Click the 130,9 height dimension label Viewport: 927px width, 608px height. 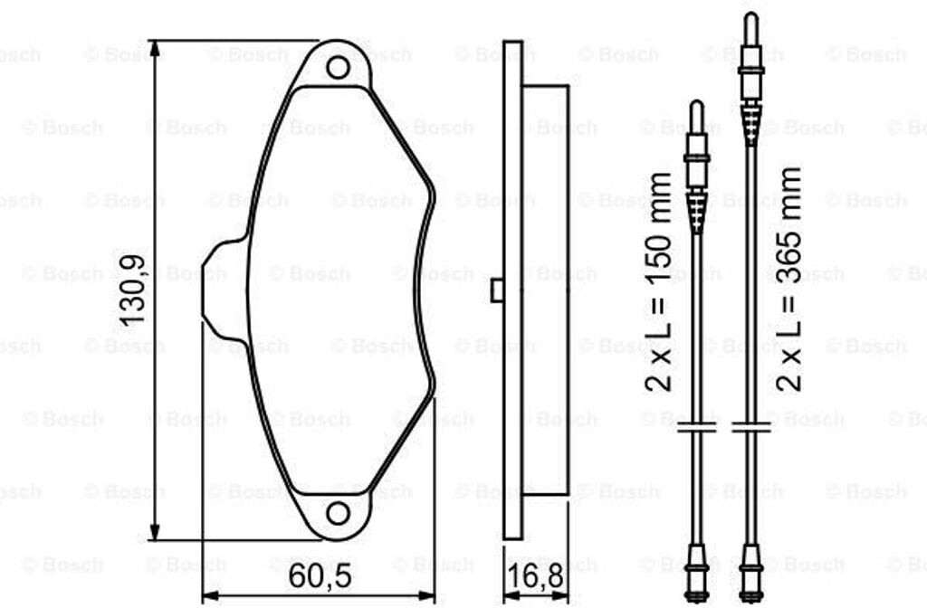click(x=132, y=290)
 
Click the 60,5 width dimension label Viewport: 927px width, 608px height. click(x=320, y=576)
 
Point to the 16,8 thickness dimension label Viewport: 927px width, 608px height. click(x=536, y=577)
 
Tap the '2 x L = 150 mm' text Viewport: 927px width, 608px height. click(x=659, y=282)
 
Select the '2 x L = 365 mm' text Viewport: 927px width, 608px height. click(x=789, y=279)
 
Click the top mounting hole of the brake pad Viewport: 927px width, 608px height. click(x=339, y=67)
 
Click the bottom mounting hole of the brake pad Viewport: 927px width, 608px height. click(x=339, y=513)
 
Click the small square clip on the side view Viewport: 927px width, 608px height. click(x=497, y=290)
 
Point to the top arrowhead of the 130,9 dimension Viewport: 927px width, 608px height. click(x=155, y=49)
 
